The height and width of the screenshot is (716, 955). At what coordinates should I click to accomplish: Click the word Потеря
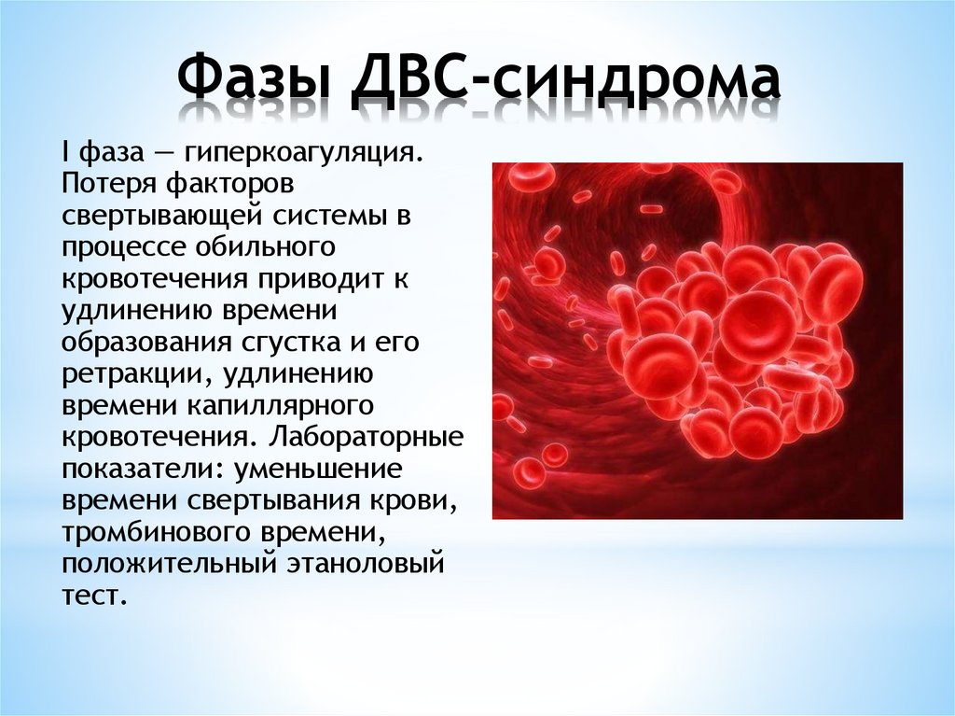pyautogui.click(x=104, y=184)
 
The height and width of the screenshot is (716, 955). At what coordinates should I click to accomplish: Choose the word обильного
pyautogui.click(x=267, y=246)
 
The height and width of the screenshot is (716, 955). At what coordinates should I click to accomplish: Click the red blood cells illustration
pyautogui.click(x=698, y=341)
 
